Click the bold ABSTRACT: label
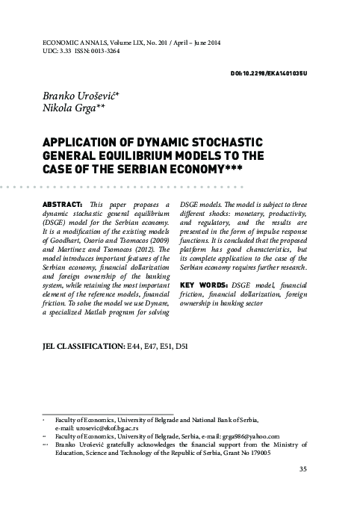[x=59, y=203]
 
